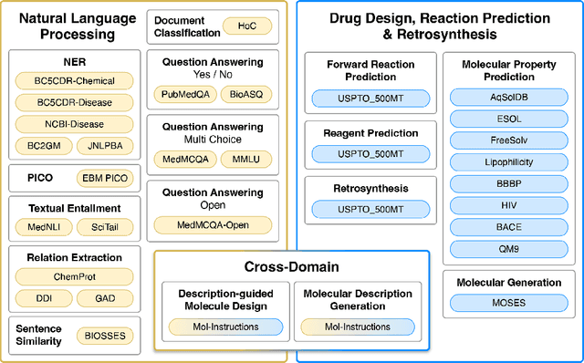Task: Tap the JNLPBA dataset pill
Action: (103, 144)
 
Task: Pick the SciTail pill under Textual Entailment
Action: (103, 226)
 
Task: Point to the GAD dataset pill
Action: (105, 297)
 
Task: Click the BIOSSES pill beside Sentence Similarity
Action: (103, 335)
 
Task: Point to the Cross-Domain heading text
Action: (291, 267)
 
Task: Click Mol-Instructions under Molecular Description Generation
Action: (356, 325)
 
